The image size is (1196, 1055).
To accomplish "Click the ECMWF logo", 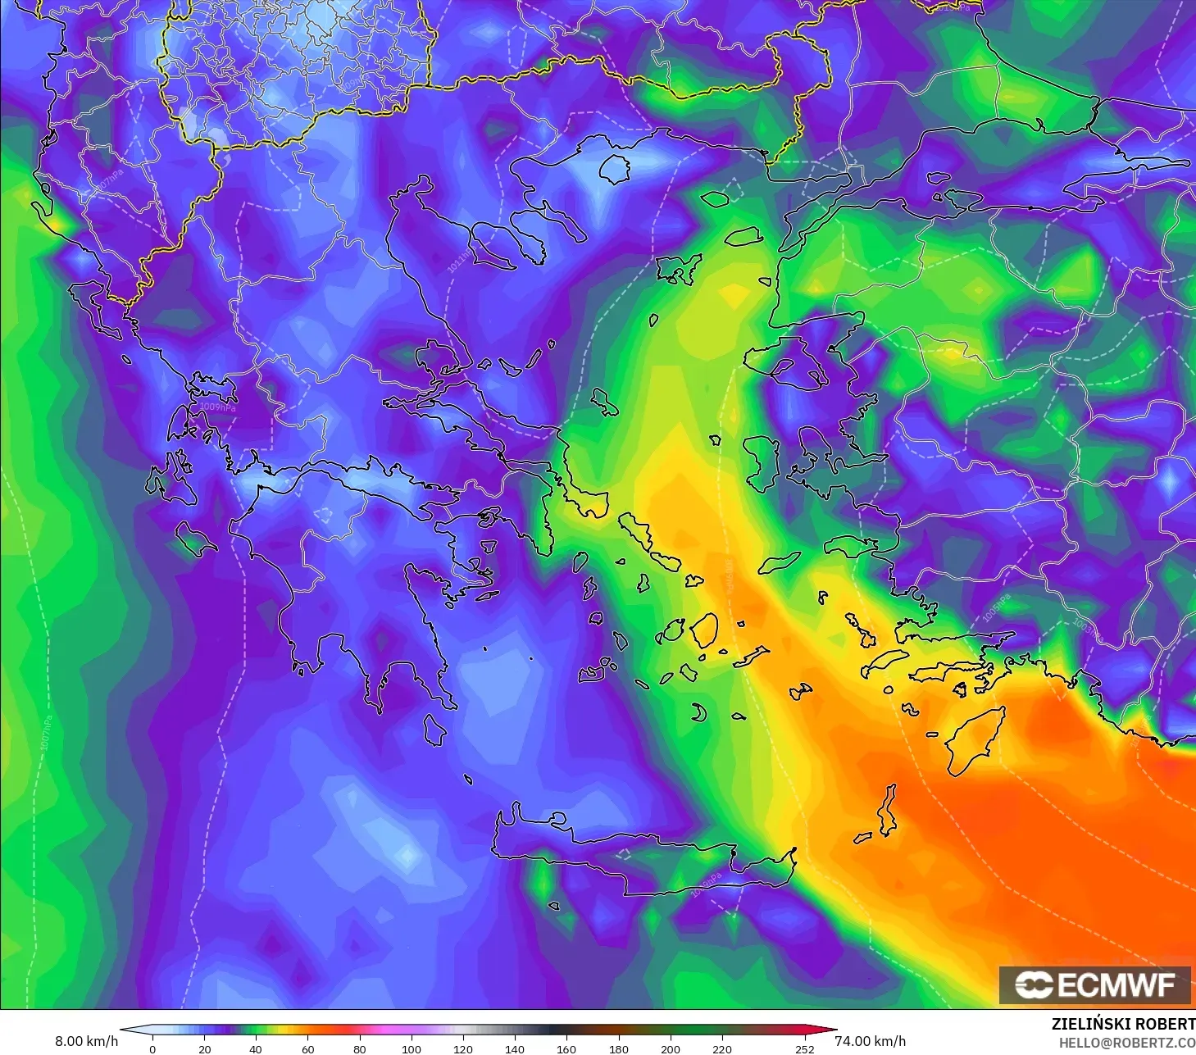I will tap(1094, 985).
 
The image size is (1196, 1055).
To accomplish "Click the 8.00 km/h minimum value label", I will tap(86, 1041).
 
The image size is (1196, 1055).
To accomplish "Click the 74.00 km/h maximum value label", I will tap(870, 1041).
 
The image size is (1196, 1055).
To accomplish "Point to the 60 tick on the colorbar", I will tap(307, 1048).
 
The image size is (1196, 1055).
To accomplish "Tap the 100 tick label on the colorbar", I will tap(411, 1048).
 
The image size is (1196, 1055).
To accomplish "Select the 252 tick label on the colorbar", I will tap(804, 1048).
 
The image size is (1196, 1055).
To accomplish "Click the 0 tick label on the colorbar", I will tap(152, 1048).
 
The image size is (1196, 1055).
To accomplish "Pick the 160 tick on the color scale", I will tap(566, 1048).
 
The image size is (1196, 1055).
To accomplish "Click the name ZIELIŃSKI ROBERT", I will tap(1123, 1024).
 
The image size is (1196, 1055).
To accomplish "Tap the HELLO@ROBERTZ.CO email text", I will tap(1127, 1043).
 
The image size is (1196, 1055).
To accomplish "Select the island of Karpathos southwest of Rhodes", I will tap(887, 810).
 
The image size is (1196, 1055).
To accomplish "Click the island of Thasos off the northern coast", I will tap(614, 169).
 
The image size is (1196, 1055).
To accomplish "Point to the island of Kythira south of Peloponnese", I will tap(434, 729).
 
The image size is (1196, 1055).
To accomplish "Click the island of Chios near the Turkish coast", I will tap(762, 463).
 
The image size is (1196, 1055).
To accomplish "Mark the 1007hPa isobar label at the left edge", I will tap(47, 732).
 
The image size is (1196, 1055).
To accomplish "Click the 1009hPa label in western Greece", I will tap(218, 407).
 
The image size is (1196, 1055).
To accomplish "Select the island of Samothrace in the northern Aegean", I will tap(715, 198).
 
